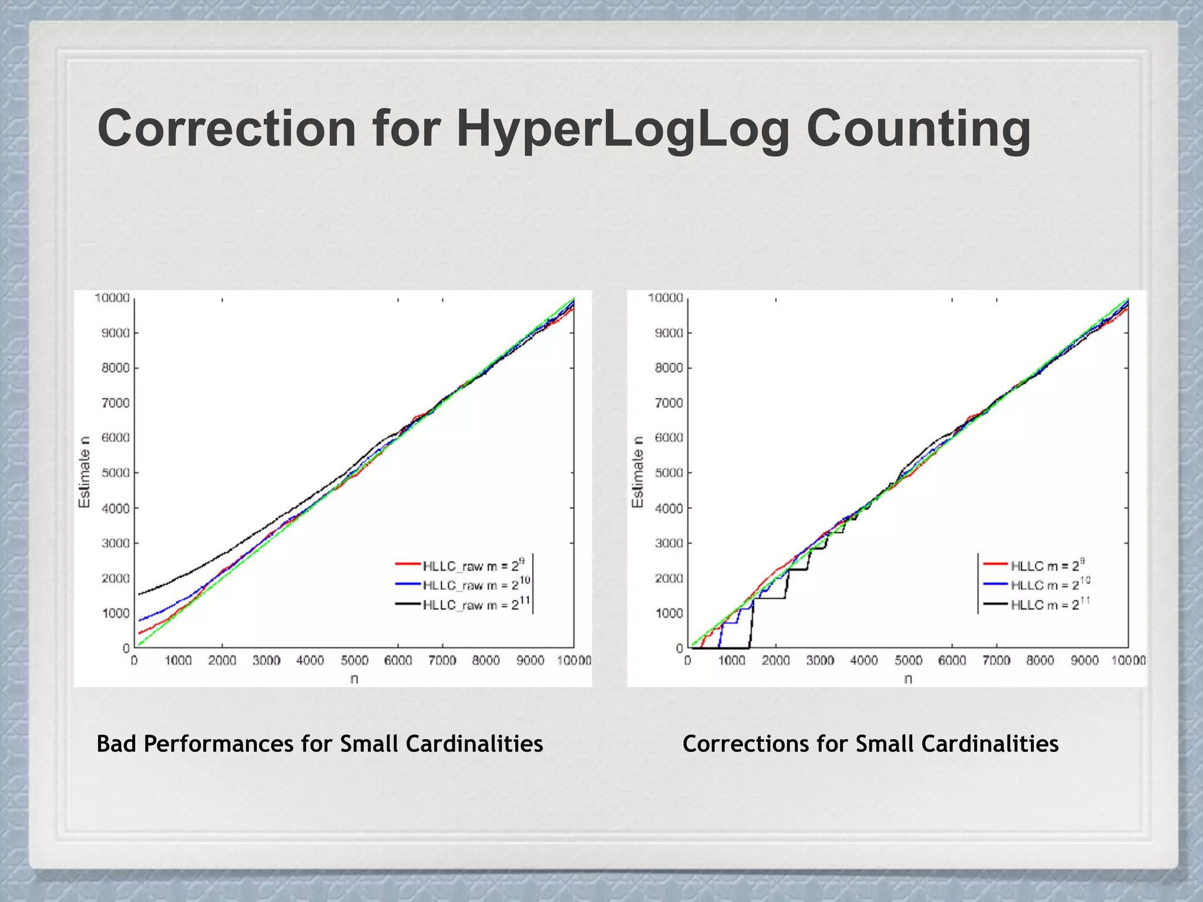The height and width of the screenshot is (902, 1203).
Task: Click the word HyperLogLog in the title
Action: (623, 129)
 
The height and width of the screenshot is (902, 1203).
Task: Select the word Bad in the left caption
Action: (117, 744)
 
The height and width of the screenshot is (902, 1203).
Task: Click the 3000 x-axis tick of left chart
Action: (266, 661)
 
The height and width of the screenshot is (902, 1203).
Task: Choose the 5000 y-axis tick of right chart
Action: (669, 473)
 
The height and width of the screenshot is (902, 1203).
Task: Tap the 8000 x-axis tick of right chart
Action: (1040, 661)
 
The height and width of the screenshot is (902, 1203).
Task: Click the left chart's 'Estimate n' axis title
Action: (85, 472)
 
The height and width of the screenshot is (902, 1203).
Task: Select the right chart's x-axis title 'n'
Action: (908, 679)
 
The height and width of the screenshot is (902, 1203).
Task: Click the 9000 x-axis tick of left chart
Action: (530, 661)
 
